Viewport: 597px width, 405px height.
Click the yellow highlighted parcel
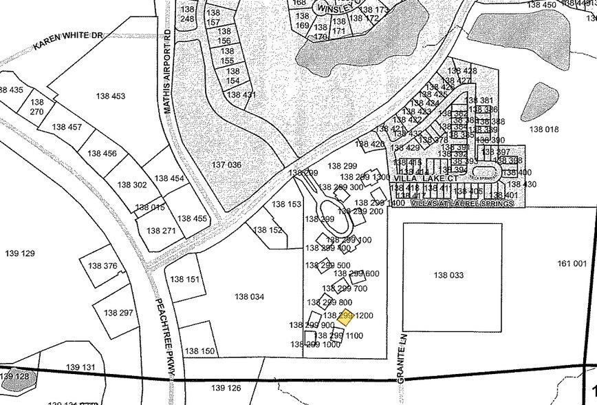pyautogui.click(x=345, y=318)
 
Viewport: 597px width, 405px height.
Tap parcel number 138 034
pyautogui.click(x=249, y=297)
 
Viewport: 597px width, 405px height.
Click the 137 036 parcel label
pyautogui.click(x=226, y=165)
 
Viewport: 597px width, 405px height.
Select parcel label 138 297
pyautogui.click(x=118, y=313)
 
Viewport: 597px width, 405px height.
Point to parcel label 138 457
pyautogui.click(x=67, y=127)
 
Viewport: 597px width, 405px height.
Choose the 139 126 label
pyautogui.click(x=226, y=388)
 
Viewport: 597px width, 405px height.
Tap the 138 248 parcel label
pyautogui.click(x=187, y=14)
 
